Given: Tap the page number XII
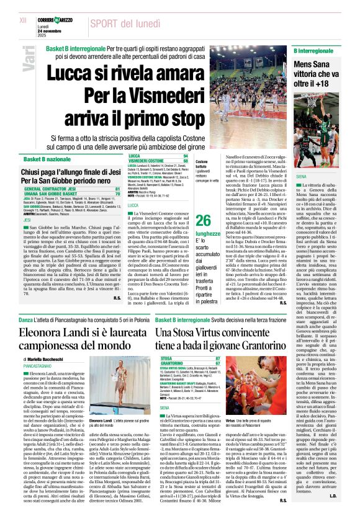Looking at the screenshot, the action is [x=23, y=20].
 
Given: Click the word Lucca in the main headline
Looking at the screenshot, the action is [x=73, y=72].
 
